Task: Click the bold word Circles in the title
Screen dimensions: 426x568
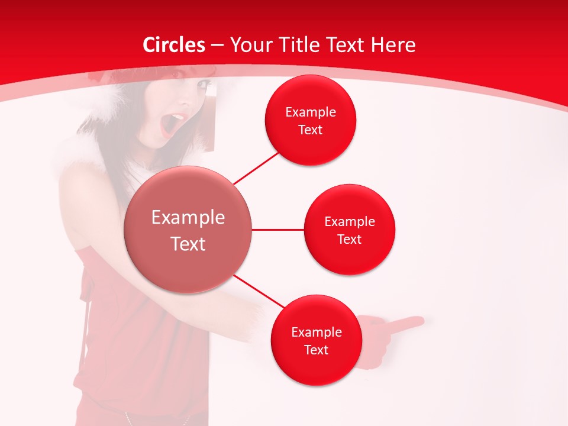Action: coord(173,45)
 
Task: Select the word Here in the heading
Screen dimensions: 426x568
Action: coord(394,45)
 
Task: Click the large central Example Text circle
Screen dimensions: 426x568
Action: coord(188,230)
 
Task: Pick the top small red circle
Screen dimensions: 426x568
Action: coord(310,120)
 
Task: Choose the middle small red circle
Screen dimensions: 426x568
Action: coord(349,230)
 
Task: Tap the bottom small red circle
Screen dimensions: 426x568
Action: coord(316,340)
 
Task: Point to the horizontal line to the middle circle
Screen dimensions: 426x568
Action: coord(277,230)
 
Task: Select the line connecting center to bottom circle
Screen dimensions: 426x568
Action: coord(259,292)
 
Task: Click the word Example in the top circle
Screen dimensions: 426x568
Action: coord(310,112)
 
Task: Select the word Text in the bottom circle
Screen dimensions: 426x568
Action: coord(316,350)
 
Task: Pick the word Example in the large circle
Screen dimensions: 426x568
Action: coord(188,217)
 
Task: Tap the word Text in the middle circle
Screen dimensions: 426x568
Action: coord(349,239)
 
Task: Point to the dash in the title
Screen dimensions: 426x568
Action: coord(217,46)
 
